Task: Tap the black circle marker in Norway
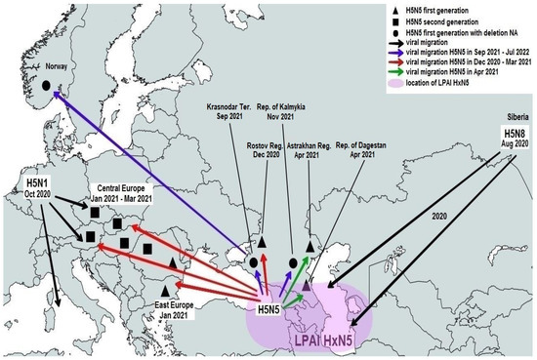45,86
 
